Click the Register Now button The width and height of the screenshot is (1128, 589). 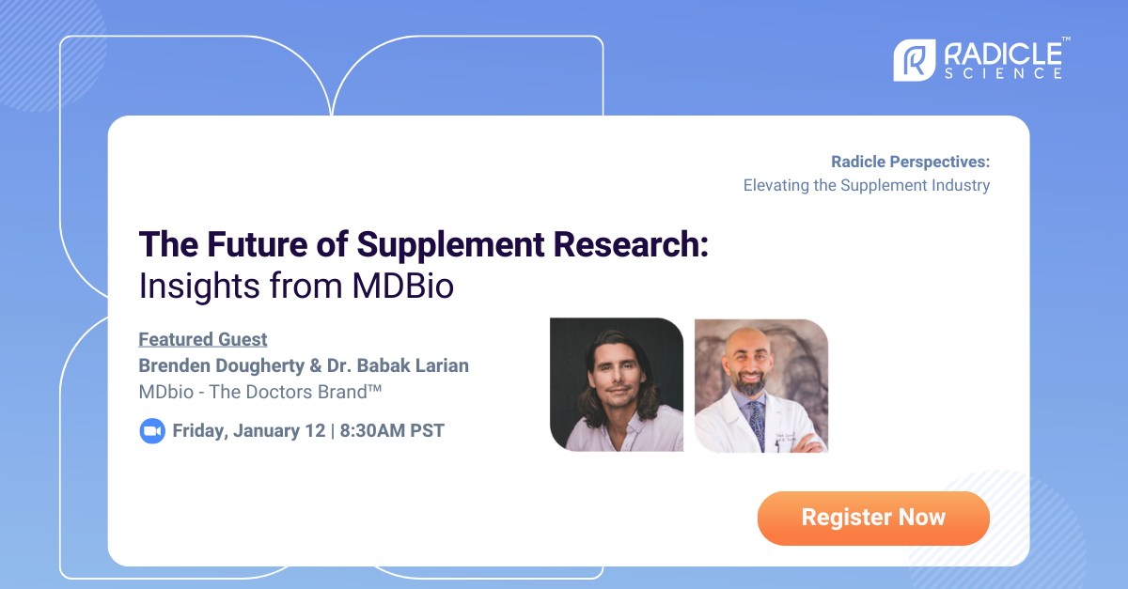[873, 518]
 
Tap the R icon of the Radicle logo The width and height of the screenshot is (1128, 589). [912, 59]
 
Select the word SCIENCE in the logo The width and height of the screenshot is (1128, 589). [1004, 73]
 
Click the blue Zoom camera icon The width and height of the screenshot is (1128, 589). [152, 431]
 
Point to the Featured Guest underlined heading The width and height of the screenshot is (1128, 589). [203, 339]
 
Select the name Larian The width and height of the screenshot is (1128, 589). [436, 364]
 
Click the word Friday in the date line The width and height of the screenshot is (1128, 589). [200, 431]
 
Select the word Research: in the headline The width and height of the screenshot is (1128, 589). [631, 244]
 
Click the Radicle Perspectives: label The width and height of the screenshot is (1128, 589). [910, 162]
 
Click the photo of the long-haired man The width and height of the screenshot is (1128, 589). [617, 384]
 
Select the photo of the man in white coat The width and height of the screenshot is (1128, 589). [760, 384]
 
